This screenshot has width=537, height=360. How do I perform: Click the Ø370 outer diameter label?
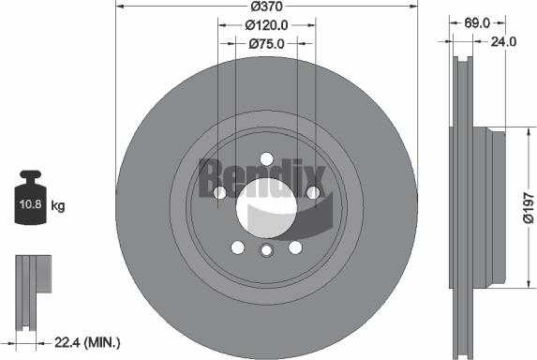click(x=266, y=7)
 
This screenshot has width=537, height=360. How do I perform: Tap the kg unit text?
click(x=57, y=204)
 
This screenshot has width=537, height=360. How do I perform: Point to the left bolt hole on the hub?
click(x=219, y=192)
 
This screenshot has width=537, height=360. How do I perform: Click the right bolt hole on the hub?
click(x=313, y=192)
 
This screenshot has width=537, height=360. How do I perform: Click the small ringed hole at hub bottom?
click(x=266, y=250)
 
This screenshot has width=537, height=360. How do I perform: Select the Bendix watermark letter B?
click(x=212, y=174)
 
